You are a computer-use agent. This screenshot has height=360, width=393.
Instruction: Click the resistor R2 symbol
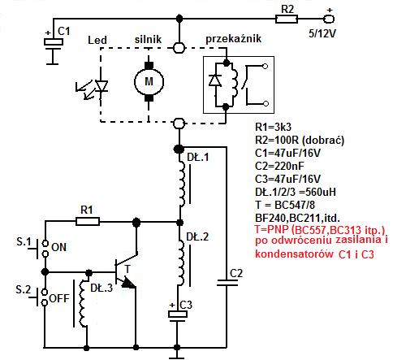click(x=287, y=20)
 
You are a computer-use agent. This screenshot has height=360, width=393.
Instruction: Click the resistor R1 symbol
click(x=88, y=222)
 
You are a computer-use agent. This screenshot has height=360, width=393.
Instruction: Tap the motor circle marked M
click(x=149, y=81)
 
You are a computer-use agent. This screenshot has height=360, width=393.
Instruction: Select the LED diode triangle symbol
click(x=101, y=86)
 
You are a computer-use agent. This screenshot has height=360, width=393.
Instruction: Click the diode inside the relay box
click(x=215, y=80)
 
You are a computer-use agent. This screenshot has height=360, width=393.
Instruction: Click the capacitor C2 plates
click(x=227, y=283)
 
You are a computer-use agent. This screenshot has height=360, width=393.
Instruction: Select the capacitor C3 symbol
click(x=177, y=316)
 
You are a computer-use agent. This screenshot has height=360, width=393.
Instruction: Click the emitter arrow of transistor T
click(x=128, y=283)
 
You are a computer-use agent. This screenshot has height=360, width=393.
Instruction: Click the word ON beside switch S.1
click(x=58, y=247)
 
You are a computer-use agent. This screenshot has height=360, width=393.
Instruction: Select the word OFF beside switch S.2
click(x=59, y=298)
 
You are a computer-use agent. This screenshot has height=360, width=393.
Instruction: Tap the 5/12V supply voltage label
click(x=322, y=33)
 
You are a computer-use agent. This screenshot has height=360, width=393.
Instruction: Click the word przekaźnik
click(x=234, y=39)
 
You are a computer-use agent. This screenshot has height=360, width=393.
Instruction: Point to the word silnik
click(x=148, y=39)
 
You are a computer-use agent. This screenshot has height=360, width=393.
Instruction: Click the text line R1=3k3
click(x=274, y=127)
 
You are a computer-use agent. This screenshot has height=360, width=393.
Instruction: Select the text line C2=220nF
click(x=279, y=166)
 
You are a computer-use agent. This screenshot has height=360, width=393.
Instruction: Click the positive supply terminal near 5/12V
click(x=329, y=20)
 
